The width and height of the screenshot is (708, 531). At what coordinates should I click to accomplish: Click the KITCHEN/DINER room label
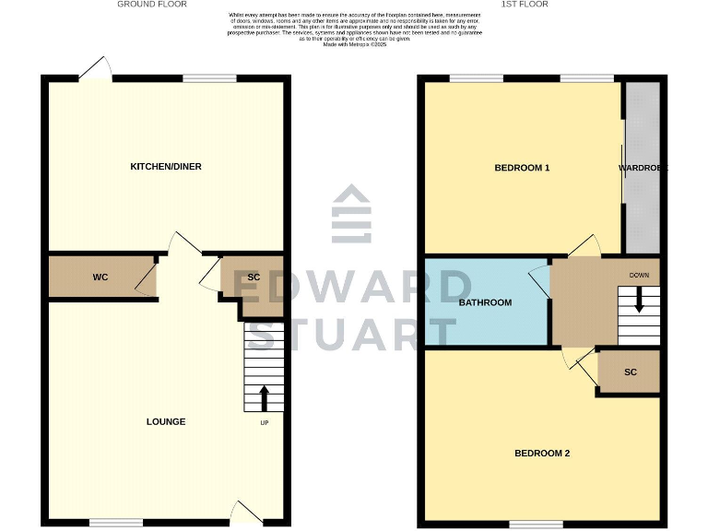point(166,167)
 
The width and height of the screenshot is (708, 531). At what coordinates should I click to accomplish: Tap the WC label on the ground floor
point(100,277)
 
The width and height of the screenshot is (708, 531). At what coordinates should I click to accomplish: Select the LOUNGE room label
point(166,421)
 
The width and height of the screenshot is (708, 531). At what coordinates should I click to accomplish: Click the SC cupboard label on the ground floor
point(254,277)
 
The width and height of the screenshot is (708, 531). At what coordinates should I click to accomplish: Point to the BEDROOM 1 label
point(522,168)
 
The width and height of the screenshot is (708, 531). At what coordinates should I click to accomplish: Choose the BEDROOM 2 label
point(542,453)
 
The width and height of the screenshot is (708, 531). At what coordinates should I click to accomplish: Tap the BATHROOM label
point(485,302)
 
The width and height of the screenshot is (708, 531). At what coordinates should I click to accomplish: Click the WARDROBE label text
point(642,169)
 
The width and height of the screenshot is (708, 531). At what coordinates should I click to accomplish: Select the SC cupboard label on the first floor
point(631,372)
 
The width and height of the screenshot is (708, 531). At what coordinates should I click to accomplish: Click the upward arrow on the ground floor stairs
point(264,397)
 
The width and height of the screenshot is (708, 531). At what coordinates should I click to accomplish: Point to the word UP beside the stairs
point(264,423)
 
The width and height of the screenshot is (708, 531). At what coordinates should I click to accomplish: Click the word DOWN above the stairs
point(640,276)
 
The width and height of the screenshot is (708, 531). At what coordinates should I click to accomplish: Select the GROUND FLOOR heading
point(152,5)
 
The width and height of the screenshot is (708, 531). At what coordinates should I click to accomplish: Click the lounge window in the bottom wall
point(116,523)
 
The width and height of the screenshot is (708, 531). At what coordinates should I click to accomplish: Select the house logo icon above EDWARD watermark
point(352,214)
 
